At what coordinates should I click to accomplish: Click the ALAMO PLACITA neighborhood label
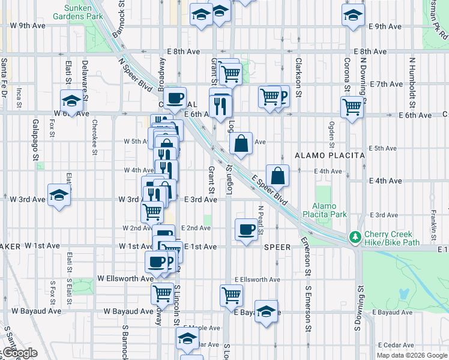coord(330,155)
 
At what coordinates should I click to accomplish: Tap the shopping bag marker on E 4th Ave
coord(278,176)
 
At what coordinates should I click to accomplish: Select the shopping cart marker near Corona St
coord(352,107)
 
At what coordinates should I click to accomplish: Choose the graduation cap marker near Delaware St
coord(71,100)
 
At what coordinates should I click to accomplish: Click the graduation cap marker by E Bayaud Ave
coord(266,311)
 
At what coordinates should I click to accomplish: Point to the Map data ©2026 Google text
coord(412,355)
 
